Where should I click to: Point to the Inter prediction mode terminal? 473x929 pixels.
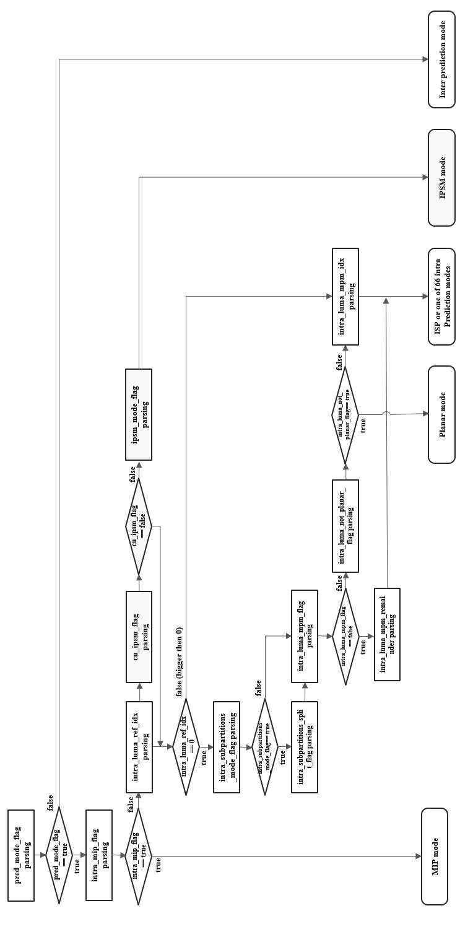441,59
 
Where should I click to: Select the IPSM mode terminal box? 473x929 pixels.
441,178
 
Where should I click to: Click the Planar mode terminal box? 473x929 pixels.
441,414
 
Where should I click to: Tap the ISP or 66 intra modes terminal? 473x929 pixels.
441,297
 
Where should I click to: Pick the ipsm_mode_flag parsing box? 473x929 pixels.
139,414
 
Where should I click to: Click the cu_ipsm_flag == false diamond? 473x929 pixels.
139,526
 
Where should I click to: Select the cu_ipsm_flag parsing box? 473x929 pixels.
139,637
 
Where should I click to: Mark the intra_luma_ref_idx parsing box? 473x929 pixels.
139,747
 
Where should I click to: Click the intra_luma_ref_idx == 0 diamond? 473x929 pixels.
186,747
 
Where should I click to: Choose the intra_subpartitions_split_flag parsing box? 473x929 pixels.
305,747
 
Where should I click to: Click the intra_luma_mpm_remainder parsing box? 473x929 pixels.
387,634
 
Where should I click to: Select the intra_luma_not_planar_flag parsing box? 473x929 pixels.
345,526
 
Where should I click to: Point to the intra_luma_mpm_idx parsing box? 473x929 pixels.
345,297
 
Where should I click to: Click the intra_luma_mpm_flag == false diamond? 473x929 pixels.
345,636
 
